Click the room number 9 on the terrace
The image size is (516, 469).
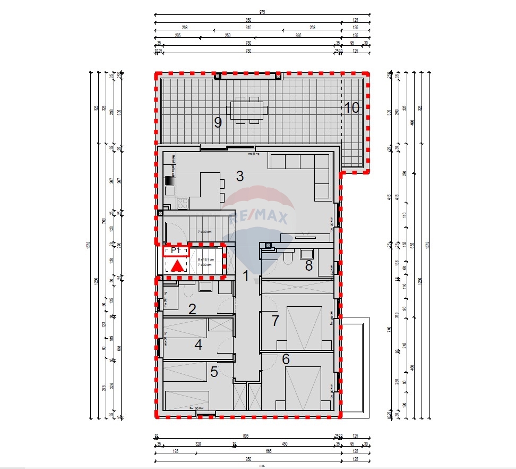218,122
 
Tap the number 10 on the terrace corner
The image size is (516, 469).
351,108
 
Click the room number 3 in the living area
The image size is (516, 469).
240,176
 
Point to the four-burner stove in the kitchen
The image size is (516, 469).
182,203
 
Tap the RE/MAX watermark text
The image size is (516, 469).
259,217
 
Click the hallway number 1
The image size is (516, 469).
246,275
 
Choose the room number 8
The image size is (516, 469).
309,266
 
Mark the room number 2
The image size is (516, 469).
193,309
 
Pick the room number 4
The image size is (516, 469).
198,345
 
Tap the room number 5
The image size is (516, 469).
214,372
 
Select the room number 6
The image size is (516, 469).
286,359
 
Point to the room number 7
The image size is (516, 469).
275,321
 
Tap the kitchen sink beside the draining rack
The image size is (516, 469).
170,191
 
